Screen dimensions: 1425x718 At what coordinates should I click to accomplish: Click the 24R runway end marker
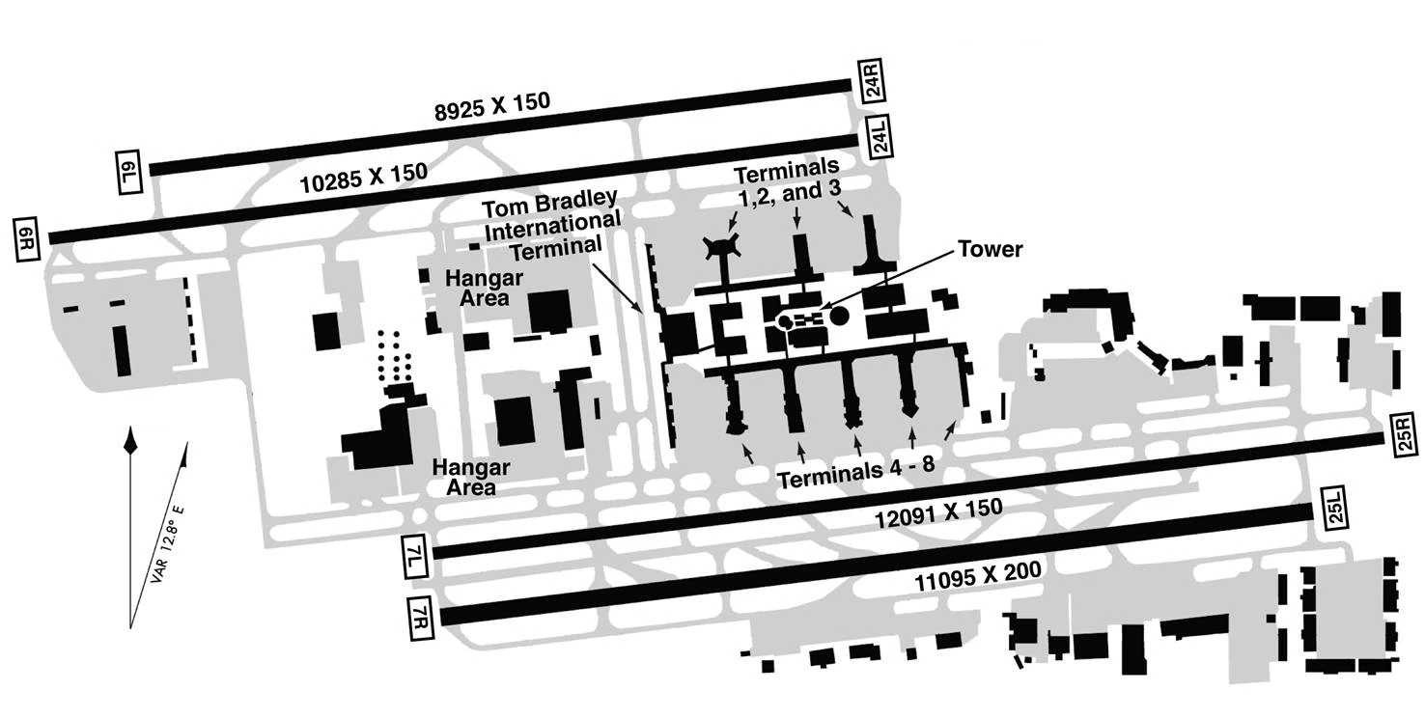pos(872,81)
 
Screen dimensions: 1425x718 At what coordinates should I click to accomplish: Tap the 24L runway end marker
pos(880,136)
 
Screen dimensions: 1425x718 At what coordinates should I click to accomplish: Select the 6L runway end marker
pos(128,173)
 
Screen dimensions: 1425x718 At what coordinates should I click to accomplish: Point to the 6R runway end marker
pos(27,239)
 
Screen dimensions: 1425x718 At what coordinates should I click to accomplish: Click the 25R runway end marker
pos(1406,434)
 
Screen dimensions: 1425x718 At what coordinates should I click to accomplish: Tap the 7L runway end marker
pos(415,557)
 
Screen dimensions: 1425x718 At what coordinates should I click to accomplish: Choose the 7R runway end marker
pos(421,618)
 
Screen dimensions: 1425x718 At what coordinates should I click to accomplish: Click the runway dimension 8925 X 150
pos(491,107)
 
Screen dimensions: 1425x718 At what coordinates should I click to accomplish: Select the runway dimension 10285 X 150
pos(363,179)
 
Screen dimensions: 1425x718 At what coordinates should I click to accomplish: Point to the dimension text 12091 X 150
pos(939,513)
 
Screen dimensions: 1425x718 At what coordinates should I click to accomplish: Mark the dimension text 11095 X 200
pos(978,576)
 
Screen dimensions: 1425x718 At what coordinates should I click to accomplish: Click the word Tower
pos(990,249)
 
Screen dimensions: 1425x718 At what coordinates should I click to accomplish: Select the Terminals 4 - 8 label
pos(856,471)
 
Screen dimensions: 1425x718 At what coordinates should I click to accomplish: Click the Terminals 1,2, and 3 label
pos(788,179)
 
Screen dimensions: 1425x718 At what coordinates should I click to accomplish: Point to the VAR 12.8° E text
pos(167,545)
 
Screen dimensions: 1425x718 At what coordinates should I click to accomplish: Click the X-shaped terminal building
pos(722,247)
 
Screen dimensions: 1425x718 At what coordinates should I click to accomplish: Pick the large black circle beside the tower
pos(840,316)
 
